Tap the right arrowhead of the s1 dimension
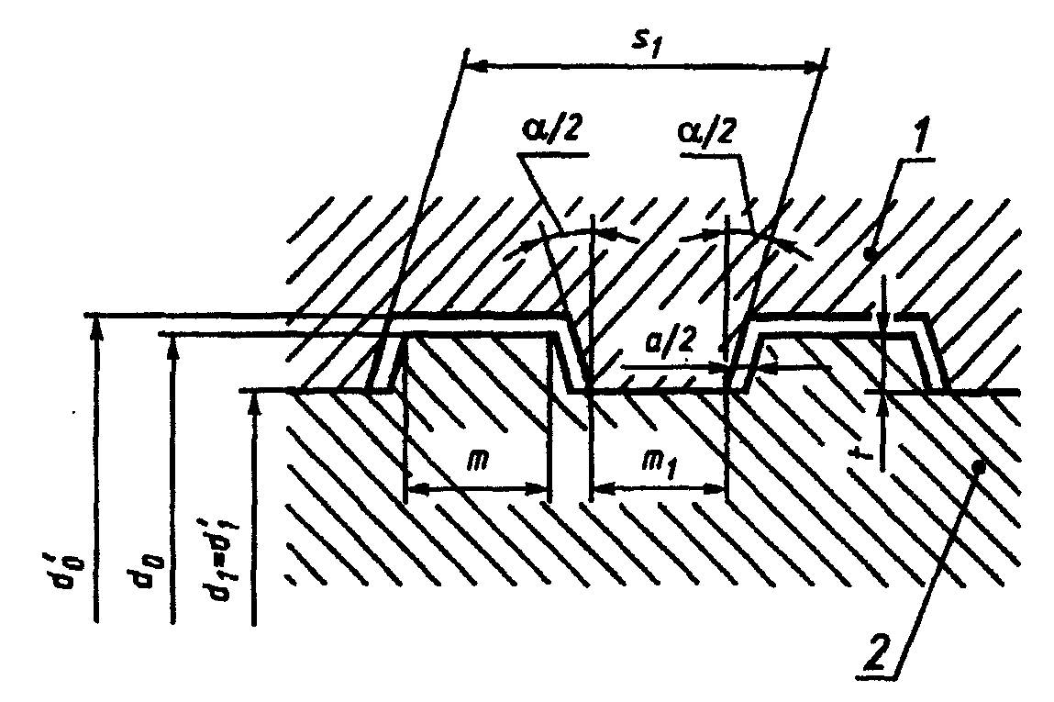click(x=816, y=66)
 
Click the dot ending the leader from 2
click(x=978, y=467)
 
